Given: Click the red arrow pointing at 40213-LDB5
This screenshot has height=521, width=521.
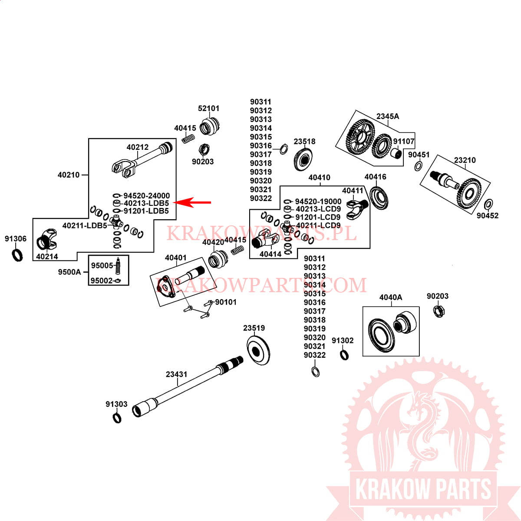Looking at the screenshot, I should (x=193, y=202).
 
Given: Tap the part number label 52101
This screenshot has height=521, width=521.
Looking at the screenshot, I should (x=209, y=108).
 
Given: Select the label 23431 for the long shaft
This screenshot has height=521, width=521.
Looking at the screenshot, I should (x=176, y=374).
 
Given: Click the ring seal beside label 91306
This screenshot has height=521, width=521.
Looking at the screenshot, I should (x=17, y=254).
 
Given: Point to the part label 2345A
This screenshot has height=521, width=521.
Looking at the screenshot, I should (x=388, y=116).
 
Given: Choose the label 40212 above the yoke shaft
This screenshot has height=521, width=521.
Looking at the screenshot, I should (x=138, y=147).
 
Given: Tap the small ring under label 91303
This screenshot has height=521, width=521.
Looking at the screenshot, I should (x=117, y=418).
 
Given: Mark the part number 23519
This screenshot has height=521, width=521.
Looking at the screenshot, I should (x=254, y=328).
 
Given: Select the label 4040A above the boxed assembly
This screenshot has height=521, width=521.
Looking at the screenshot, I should (x=391, y=297).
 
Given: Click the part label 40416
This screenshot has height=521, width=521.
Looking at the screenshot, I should (x=375, y=177).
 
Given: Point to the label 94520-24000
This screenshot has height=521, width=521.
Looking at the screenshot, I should (x=147, y=196).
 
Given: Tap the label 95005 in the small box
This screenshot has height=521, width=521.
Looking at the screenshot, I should (x=102, y=266).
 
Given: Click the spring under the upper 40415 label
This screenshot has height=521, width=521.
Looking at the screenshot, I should (x=187, y=139).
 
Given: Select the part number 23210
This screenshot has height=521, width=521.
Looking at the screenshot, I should (x=465, y=160).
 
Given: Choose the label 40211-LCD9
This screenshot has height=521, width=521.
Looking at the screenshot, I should (x=318, y=225).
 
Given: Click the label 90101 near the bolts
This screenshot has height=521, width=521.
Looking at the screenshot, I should (x=226, y=302).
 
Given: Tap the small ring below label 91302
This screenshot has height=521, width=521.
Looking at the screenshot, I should (x=343, y=355).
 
